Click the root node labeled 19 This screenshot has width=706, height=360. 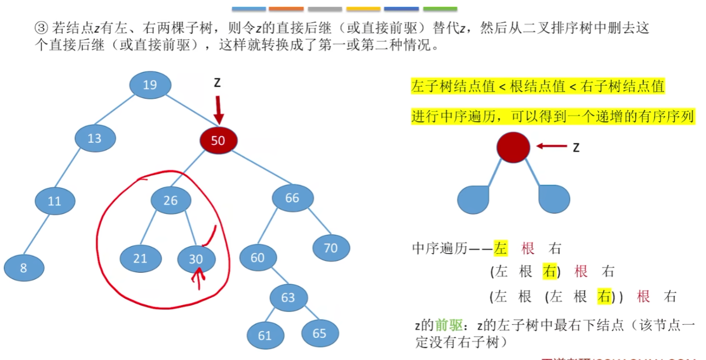[x=150, y=85]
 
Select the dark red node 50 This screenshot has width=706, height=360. [x=218, y=140]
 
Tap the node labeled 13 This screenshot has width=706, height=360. [x=95, y=138]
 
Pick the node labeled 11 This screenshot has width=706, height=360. [x=55, y=201]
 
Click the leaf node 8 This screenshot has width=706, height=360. [x=24, y=267]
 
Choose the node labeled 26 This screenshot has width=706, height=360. [x=171, y=201]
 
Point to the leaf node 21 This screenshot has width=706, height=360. [x=140, y=258]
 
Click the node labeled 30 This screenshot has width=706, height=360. [x=197, y=259]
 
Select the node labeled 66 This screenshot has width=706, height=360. [x=293, y=198]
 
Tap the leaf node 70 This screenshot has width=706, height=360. [x=331, y=248]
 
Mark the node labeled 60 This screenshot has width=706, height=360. [x=258, y=258]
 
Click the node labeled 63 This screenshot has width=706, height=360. [x=288, y=297]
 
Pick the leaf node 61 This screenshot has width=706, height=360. [x=265, y=335]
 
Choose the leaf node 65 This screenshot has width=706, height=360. [x=320, y=333]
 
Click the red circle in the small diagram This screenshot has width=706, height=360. [x=513, y=147]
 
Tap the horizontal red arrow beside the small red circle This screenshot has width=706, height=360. [x=552, y=147]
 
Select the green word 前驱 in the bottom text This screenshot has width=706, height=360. [x=449, y=325]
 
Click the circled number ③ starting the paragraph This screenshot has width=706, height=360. [x=40, y=28]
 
